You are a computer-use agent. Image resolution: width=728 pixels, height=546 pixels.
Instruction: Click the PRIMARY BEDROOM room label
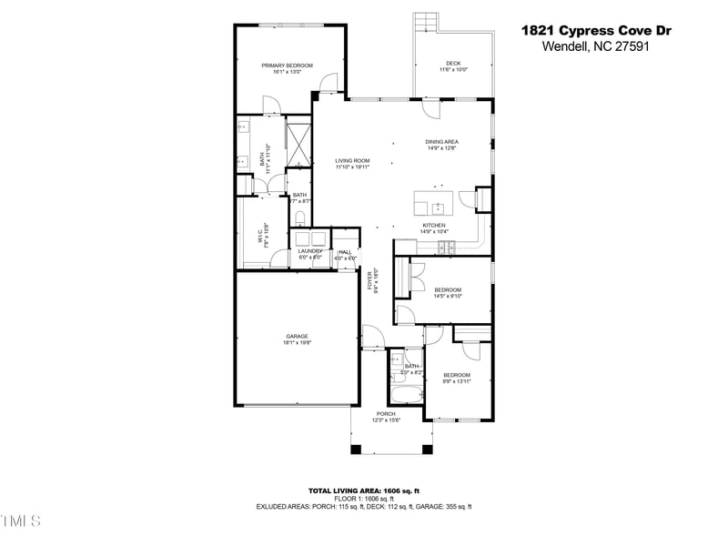point(287,66)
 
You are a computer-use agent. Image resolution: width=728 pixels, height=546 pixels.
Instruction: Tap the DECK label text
point(453,64)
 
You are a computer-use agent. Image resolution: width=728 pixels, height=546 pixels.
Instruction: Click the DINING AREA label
point(441,142)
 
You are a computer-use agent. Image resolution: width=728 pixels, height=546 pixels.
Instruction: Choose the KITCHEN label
point(433,225)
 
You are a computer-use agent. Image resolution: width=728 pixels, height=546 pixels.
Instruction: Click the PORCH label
point(387,414)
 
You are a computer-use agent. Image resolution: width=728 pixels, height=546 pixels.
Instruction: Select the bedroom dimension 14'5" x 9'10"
point(448,296)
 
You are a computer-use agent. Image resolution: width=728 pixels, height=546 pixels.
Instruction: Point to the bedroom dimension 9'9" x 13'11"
point(457,381)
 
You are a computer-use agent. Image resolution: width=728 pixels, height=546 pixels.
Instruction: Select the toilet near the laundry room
point(300,218)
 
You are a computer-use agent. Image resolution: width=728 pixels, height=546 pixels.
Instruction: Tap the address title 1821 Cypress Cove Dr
point(596,30)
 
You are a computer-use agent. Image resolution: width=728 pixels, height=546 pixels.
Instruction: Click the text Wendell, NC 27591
point(596,46)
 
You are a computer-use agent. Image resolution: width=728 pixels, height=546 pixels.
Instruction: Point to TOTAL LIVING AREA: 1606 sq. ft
point(364,490)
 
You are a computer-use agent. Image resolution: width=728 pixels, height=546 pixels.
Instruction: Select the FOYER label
point(371,279)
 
